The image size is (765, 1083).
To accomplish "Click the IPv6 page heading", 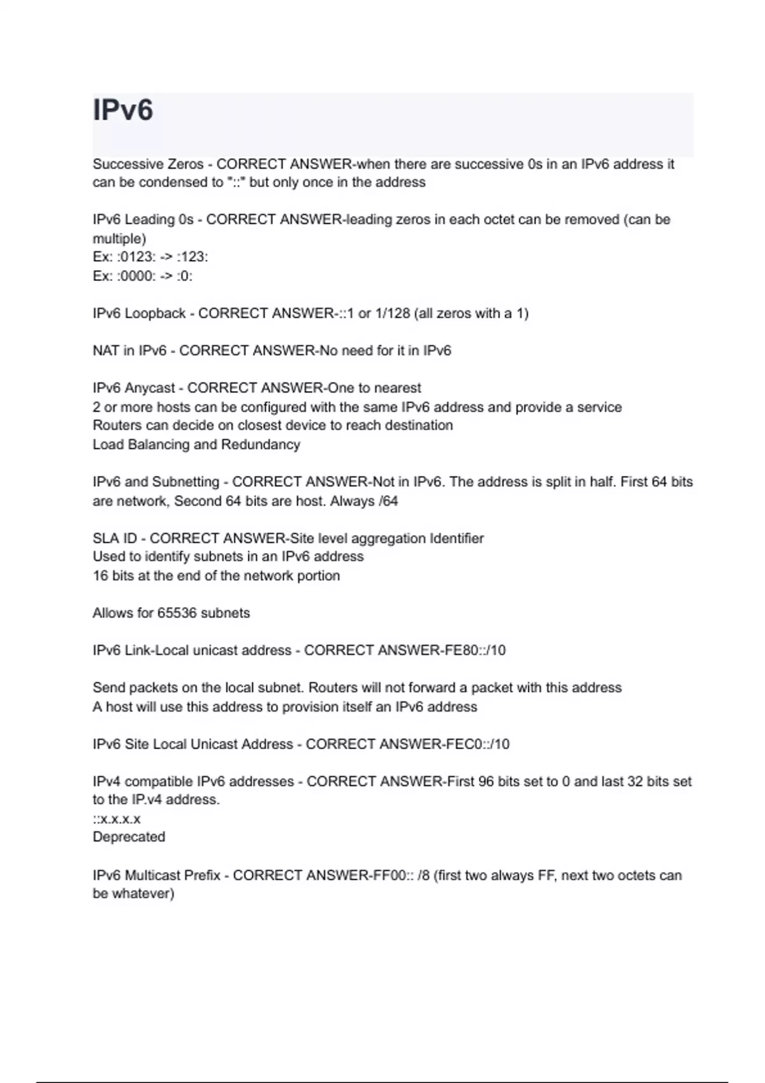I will coord(123,110).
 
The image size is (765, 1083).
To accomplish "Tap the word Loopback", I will coord(156,313).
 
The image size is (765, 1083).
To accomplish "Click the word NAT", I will coord(106,350).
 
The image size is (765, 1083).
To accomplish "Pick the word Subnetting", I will coord(186,482).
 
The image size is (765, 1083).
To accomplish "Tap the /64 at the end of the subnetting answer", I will coord(388,501).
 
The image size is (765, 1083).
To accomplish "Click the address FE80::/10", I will coord(472,650).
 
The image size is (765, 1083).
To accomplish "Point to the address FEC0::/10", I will coord(476,744).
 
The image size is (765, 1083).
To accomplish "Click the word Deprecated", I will coord(129,837).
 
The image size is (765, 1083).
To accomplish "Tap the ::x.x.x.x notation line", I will coord(117,819).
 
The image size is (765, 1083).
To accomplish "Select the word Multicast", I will coord(152,875).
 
